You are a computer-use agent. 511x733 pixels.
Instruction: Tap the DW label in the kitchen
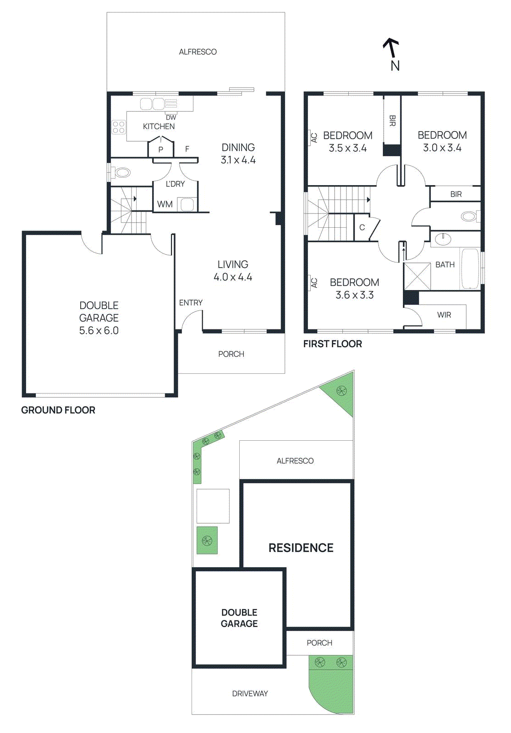[171, 117]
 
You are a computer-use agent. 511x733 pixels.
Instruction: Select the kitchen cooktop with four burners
[119, 127]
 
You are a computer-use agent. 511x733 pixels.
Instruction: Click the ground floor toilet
[122, 173]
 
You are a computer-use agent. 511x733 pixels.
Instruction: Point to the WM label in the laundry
[165, 204]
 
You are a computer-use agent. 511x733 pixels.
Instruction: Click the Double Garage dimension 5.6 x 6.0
[99, 331]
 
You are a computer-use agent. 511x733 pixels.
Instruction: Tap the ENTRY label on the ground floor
[191, 303]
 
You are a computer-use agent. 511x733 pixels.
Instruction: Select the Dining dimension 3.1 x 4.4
[238, 160]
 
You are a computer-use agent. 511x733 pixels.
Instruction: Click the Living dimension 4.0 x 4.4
[233, 277]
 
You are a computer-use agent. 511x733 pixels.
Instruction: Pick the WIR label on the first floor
[444, 315]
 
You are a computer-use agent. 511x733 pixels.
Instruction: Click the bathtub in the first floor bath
[470, 268]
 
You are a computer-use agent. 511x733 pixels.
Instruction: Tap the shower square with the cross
[417, 276]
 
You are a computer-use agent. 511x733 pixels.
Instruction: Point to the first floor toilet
[468, 216]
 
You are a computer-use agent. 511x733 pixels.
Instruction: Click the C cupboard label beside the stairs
[362, 227]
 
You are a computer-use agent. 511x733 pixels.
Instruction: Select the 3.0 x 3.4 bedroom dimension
[442, 148]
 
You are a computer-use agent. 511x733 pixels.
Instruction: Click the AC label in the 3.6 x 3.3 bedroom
[314, 283]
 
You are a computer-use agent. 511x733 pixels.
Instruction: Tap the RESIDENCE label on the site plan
[301, 548]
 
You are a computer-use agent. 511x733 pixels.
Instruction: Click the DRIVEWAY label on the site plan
[250, 694]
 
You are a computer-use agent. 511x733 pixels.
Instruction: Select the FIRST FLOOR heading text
[332, 344]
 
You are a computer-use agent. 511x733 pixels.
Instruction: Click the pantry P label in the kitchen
[160, 149]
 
